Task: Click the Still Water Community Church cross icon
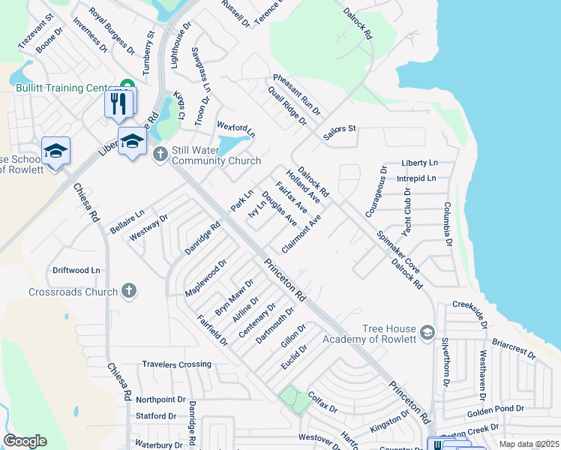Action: click(x=159, y=155)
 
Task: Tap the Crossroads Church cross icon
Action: click(x=128, y=289)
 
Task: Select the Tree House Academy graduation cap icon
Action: click(x=427, y=331)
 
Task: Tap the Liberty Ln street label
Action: click(x=419, y=163)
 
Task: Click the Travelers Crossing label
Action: click(x=177, y=364)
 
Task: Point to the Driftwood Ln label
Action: click(x=76, y=270)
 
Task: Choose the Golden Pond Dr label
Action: click(x=495, y=409)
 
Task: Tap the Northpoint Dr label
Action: click(x=160, y=400)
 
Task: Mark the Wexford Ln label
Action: click(x=236, y=129)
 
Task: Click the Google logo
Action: click(x=25, y=441)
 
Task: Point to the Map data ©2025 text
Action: click(x=529, y=445)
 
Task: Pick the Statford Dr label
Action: click(x=156, y=415)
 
